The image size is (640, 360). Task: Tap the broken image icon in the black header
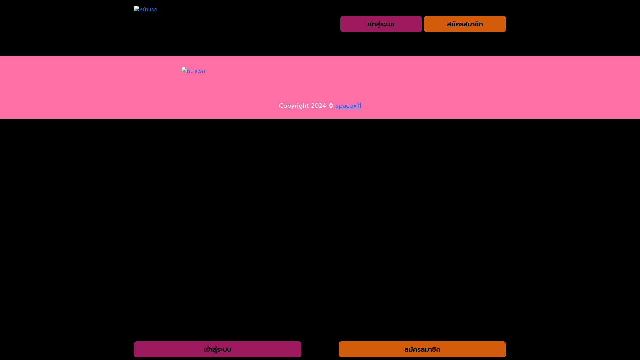pos(137,8)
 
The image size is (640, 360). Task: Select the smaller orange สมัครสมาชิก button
pos(465,24)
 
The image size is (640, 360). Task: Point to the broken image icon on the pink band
pos(184,70)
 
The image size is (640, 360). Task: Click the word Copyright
pos(294,106)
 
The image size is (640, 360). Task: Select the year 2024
pos(318,106)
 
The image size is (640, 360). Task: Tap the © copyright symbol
pos(331,106)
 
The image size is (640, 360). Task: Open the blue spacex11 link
pos(348,106)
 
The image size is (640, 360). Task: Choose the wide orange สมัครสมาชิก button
pos(422,349)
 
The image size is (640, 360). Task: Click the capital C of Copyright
pos(281,106)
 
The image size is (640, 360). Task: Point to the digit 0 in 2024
pos(317,106)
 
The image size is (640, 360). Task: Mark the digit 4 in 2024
pos(324,106)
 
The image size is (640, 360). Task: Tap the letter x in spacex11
pos(355,106)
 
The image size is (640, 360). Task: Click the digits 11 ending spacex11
pos(359,106)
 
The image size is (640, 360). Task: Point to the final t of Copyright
pos(307,106)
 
